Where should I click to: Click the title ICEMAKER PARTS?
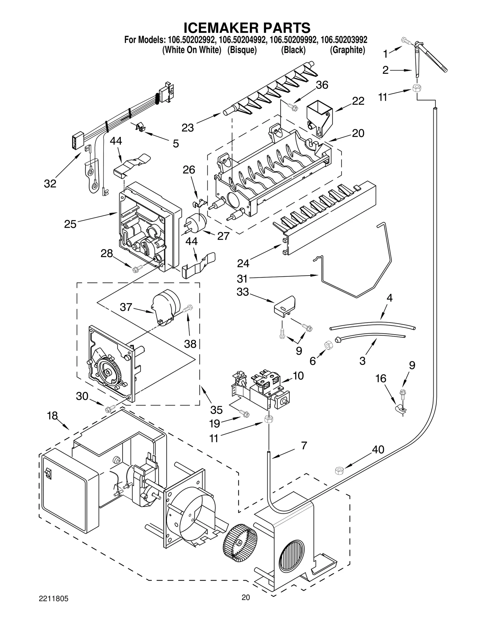(x=247, y=28)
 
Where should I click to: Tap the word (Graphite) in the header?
(x=347, y=50)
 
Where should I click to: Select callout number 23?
(x=187, y=128)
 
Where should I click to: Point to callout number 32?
(x=50, y=184)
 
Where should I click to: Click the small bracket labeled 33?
(x=285, y=306)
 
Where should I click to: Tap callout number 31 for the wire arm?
(x=242, y=278)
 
